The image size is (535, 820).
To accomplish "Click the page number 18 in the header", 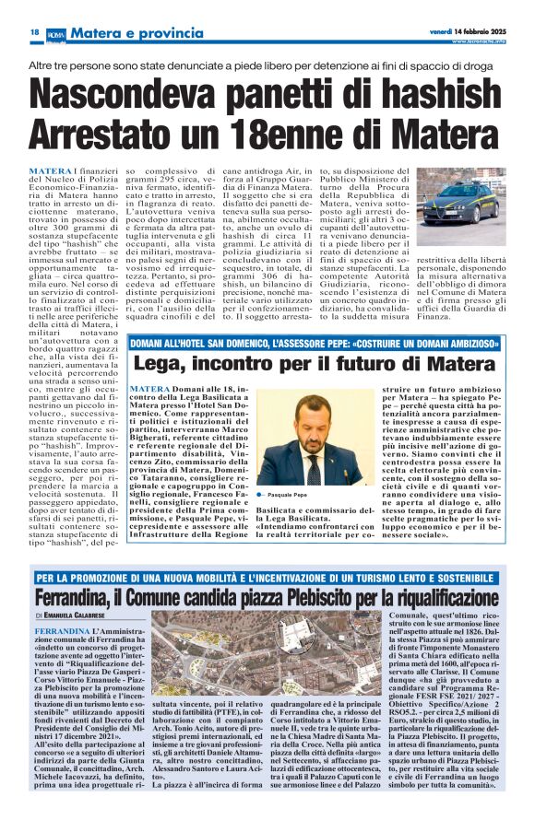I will pyautogui.click(x=34, y=32).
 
